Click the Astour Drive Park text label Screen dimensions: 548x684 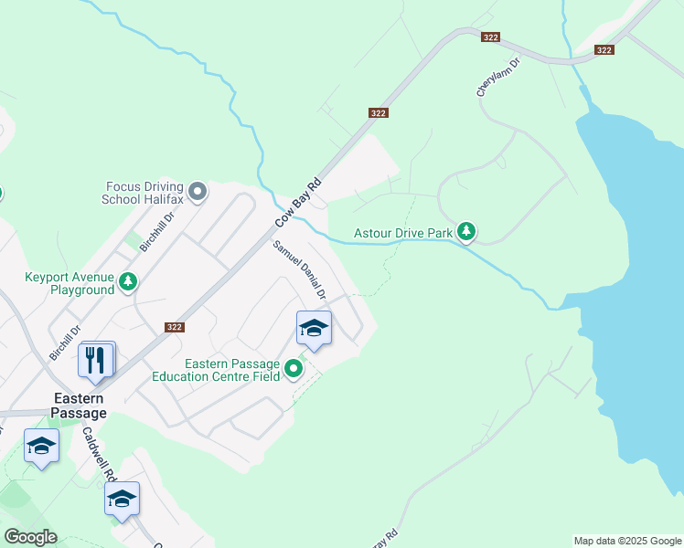point(403,233)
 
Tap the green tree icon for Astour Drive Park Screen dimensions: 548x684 point(466,232)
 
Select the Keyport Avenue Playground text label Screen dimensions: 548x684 point(69,282)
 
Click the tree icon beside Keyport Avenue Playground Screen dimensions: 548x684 point(129,281)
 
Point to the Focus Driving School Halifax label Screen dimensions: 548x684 point(144,192)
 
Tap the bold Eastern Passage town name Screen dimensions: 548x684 point(80,406)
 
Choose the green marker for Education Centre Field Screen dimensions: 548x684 point(294,369)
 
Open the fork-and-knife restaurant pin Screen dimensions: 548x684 point(96,360)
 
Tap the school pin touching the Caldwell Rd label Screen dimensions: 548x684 point(122,500)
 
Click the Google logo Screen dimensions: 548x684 point(30,537)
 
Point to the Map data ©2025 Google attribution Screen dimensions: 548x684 point(627,541)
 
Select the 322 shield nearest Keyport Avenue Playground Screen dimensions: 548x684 point(175,327)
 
